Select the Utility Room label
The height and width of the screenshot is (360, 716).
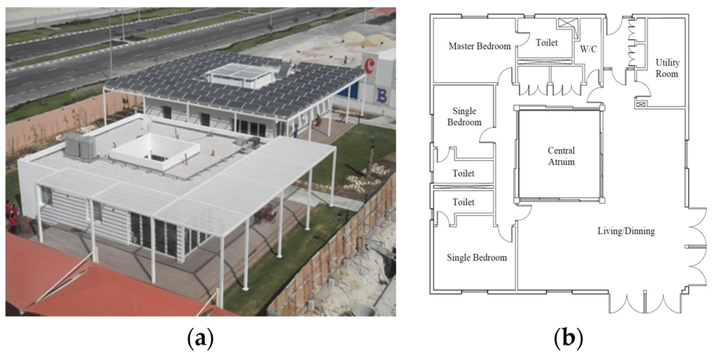tap(666, 68)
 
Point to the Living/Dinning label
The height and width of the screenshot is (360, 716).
tap(625, 231)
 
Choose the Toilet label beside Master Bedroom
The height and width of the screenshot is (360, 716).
tap(547, 43)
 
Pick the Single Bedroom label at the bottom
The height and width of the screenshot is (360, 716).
tap(476, 258)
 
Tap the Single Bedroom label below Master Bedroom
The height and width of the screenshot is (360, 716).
tap(467, 117)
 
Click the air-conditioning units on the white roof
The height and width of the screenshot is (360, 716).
tap(82, 145)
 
